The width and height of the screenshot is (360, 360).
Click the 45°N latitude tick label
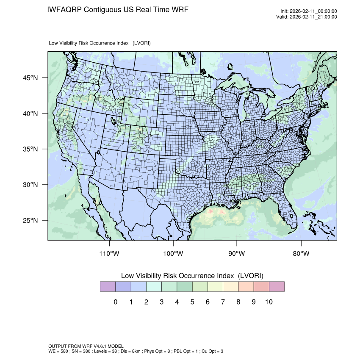[x=30, y=78]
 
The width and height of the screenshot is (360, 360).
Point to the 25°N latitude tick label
[x=30, y=220]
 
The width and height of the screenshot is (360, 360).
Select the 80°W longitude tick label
[x=301, y=254]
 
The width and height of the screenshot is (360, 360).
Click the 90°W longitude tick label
[x=237, y=254]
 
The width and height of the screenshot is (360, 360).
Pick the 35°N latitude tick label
[x=30, y=149]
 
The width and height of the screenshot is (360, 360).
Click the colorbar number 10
[x=269, y=302]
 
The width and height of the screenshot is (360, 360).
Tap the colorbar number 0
[x=115, y=302]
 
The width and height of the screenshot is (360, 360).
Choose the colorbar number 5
[x=192, y=302]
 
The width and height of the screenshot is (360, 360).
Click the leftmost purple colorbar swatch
[x=108, y=287]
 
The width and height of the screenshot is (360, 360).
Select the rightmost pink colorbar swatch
[x=277, y=287]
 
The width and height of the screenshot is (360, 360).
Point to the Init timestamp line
[x=308, y=11]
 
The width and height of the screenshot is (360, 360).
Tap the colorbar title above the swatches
[x=192, y=275]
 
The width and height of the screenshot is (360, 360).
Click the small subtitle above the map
[x=100, y=43]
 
